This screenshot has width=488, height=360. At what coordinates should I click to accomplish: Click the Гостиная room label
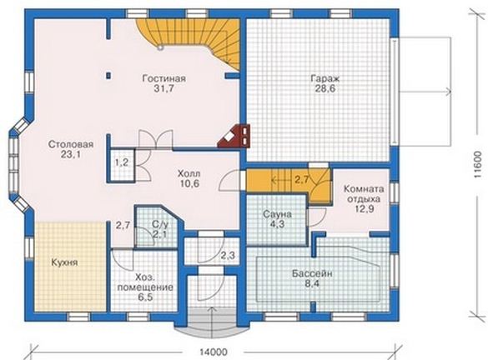click(164, 78)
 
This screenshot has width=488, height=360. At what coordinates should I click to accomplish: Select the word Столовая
click(71, 144)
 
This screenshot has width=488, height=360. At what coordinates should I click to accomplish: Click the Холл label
click(189, 172)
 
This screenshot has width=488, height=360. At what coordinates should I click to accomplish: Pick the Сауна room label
click(277, 214)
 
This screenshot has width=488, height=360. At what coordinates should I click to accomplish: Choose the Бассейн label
click(312, 273)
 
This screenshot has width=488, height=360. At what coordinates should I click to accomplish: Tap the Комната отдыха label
click(364, 193)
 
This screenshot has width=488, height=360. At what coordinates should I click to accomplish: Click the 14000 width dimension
click(214, 352)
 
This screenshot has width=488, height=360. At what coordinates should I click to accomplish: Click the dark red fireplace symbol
click(234, 136)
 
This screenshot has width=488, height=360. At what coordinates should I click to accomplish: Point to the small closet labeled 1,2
click(122, 162)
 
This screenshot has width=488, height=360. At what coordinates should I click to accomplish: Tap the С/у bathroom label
click(159, 223)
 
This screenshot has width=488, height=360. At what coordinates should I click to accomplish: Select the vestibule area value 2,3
click(228, 256)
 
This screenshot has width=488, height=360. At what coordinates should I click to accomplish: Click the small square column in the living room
click(108, 75)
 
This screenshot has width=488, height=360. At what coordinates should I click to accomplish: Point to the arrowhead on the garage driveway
click(449, 92)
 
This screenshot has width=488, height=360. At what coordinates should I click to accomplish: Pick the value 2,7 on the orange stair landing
click(302, 180)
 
